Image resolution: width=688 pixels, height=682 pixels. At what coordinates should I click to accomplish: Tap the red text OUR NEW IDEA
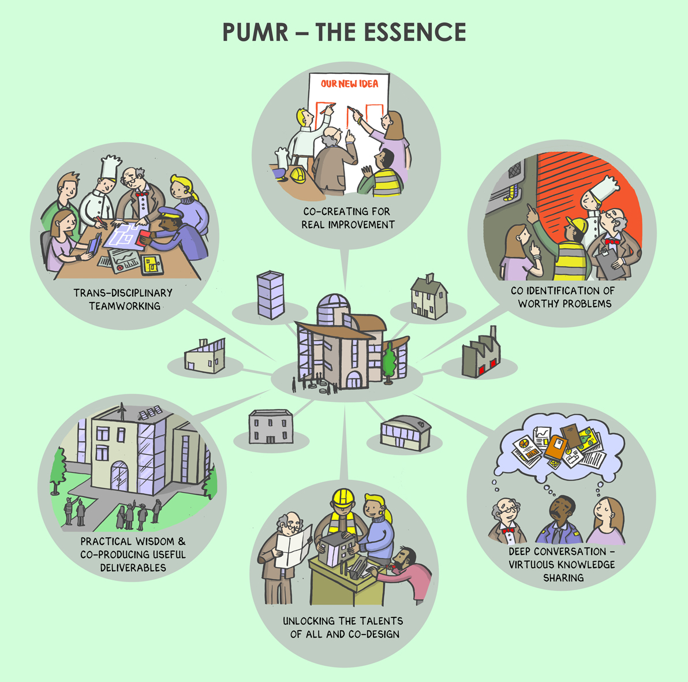click(349, 84)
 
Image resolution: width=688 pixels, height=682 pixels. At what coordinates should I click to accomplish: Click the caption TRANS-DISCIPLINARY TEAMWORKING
click(123, 299)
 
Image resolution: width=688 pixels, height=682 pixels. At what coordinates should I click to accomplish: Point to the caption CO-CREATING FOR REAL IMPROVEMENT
click(348, 218)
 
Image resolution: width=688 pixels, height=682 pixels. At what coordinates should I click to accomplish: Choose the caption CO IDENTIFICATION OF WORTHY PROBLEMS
click(563, 297)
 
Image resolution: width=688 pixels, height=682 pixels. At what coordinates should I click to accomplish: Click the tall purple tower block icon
click(271, 295)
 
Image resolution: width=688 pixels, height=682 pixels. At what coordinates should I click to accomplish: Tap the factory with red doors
click(480, 356)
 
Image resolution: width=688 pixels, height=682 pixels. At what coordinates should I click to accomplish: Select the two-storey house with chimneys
click(429, 296)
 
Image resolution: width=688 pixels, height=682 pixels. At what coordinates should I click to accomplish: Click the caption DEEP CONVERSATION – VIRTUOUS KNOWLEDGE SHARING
click(562, 564)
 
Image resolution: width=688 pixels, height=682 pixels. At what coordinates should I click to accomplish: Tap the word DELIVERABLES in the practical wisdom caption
click(133, 568)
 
